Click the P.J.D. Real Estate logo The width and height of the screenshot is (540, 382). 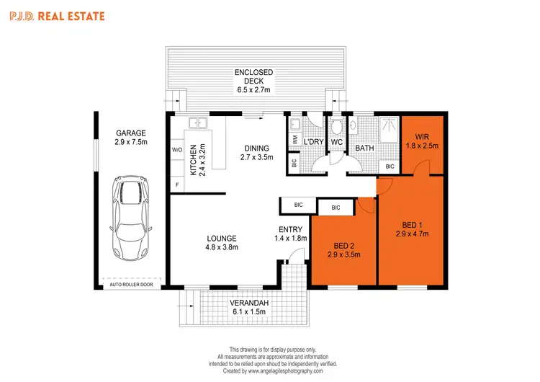coord(56,15)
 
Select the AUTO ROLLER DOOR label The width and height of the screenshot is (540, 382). coord(131,284)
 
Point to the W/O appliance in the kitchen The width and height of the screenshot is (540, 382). coord(177,151)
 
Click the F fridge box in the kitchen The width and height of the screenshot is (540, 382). coord(177,185)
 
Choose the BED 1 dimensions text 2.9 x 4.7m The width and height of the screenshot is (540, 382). coord(413,234)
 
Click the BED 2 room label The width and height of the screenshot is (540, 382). coord(343,245)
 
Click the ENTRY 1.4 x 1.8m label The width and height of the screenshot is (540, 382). coord(292,234)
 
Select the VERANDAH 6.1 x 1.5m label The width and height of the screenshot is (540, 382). coord(249,307)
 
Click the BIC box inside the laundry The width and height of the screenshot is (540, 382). coord(294,162)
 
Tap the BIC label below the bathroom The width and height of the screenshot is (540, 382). coord(390,166)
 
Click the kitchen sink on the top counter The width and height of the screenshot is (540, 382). coord(198,125)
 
